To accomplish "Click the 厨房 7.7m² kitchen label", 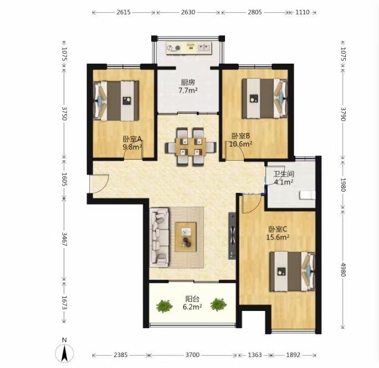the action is click(x=188, y=86).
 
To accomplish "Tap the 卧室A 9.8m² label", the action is click(x=132, y=142).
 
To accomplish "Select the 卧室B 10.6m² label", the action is click(x=240, y=140).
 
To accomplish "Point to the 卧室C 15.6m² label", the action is click(x=278, y=233).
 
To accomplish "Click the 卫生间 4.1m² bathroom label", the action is click(x=284, y=178).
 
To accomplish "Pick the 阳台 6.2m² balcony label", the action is click(x=192, y=303).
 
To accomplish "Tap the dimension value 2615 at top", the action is click(x=124, y=12).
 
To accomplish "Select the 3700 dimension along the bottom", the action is click(x=192, y=355).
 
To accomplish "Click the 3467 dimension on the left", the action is click(x=64, y=239).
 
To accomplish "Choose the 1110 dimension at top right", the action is click(x=303, y=12).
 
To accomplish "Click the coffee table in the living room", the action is click(x=186, y=237).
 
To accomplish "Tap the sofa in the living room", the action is click(x=159, y=238).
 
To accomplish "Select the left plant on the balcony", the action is click(x=165, y=305).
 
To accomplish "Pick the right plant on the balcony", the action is click(x=218, y=304).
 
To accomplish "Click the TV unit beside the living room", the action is click(x=232, y=236).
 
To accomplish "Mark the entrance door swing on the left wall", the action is click(x=99, y=184).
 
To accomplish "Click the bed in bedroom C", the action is click(x=292, y=271).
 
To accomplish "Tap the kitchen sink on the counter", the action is click(x=204, y=48).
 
